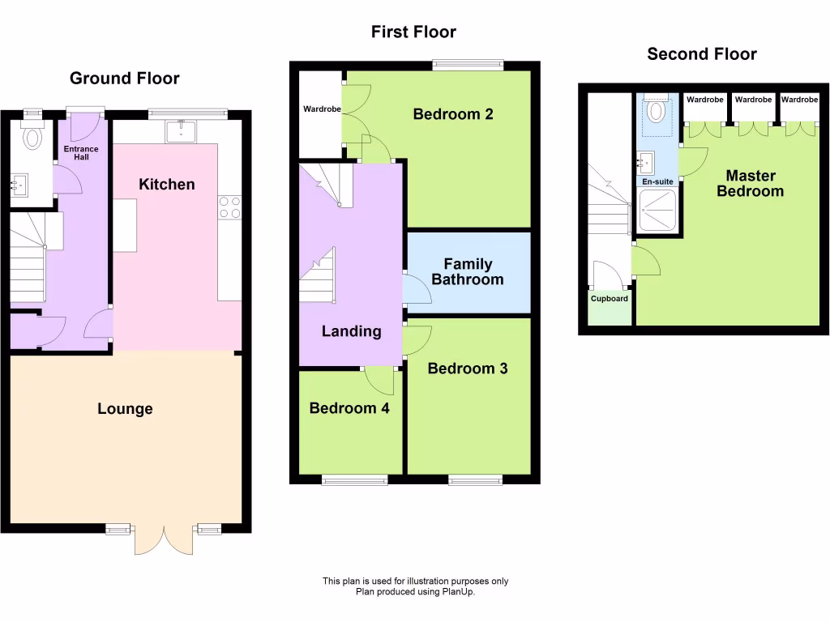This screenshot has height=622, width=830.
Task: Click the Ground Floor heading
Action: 124,79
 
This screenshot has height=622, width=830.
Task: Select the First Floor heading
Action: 413,32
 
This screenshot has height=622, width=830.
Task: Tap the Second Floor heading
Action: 701,54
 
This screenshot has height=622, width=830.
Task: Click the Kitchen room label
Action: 167,185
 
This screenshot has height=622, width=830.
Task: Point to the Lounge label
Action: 125,409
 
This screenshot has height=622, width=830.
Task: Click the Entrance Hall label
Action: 81,153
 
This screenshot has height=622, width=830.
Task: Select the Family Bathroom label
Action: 467,272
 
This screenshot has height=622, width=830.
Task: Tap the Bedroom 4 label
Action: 349,408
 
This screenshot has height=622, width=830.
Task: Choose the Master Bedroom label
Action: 750,184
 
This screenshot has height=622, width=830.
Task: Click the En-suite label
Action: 657,181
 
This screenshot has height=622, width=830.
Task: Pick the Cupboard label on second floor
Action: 609,299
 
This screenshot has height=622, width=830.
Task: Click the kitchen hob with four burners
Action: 229,207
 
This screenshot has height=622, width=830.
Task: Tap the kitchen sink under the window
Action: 181,130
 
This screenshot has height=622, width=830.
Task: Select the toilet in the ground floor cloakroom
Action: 32,137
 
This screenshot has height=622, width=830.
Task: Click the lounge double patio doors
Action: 164,541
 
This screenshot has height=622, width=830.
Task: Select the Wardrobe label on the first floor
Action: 322,109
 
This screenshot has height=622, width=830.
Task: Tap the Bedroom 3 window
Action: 474,480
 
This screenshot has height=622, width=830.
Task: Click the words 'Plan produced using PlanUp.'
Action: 415,592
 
